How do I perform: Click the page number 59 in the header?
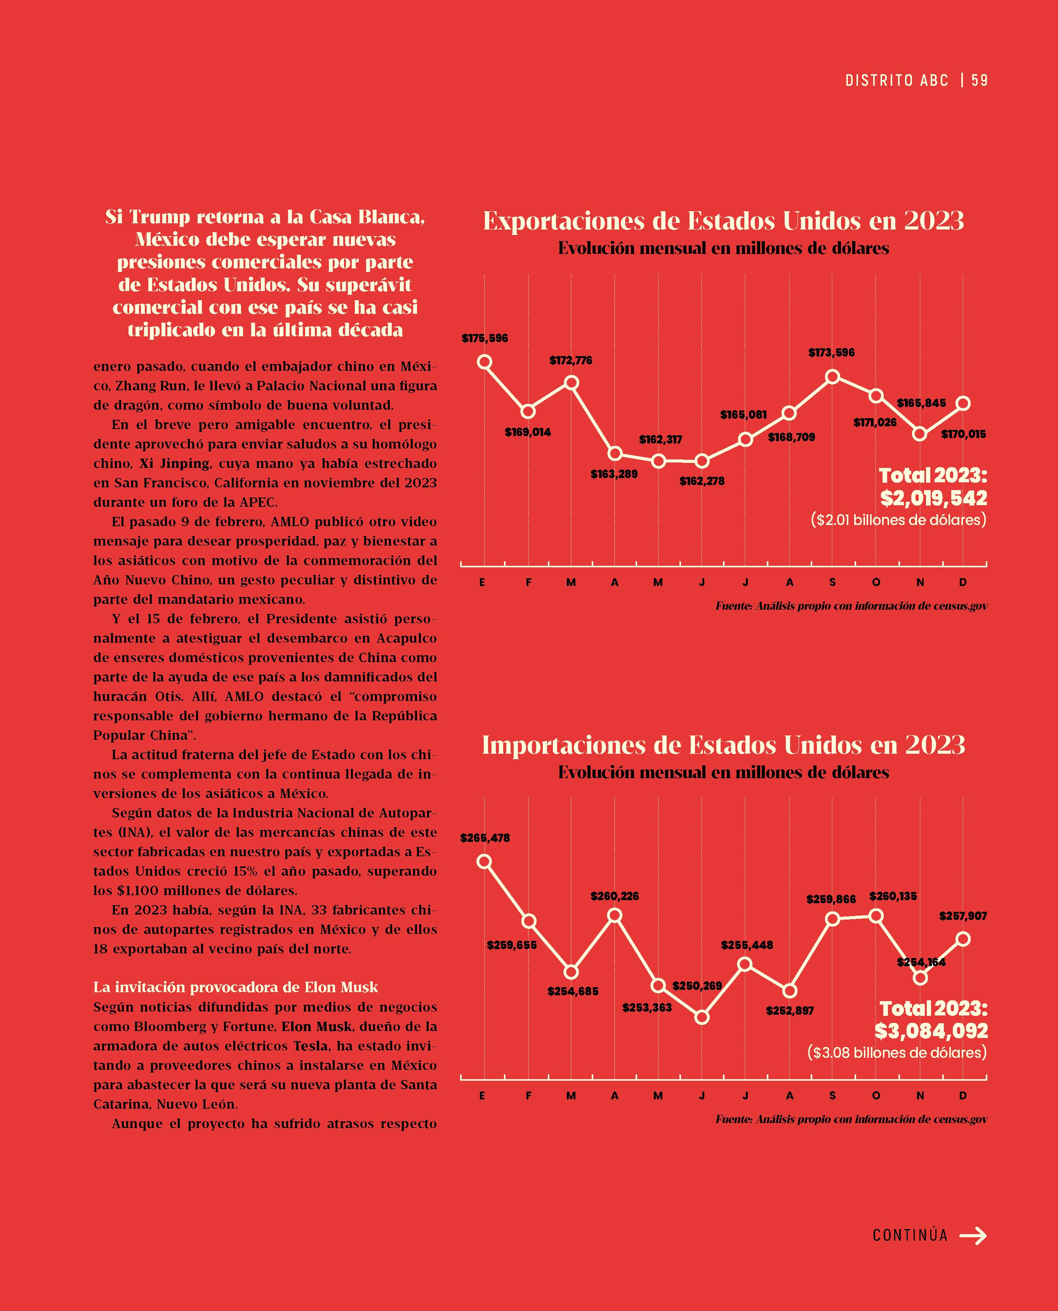(x=980, y=80)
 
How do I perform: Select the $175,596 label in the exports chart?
(x=485, y=338)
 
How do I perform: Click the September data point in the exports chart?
(x=832, y=377)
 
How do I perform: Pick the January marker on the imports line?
(x=485, y=861)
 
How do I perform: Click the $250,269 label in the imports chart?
(x=697, y=986)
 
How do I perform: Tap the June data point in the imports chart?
(x=702, y=1017)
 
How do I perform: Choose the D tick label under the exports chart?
(x=963, y=582)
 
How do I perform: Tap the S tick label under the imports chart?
(x=832, y=1095)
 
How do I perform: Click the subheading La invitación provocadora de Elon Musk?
(x=235, y=987)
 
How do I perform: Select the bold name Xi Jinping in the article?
(x=174, y=463)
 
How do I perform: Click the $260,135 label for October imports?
(x=893, y=896)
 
